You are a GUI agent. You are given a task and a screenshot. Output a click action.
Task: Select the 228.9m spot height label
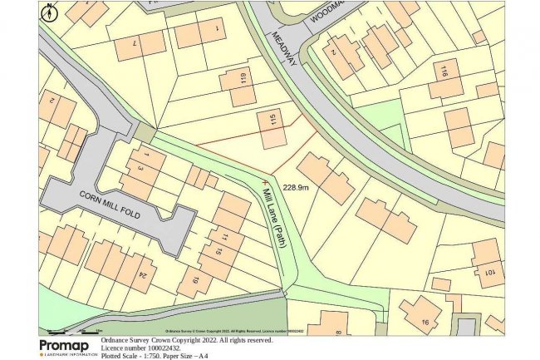[297, 188]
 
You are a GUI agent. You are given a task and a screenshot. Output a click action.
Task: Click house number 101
[490, 274]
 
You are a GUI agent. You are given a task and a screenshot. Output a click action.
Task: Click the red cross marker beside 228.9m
[265, 179]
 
